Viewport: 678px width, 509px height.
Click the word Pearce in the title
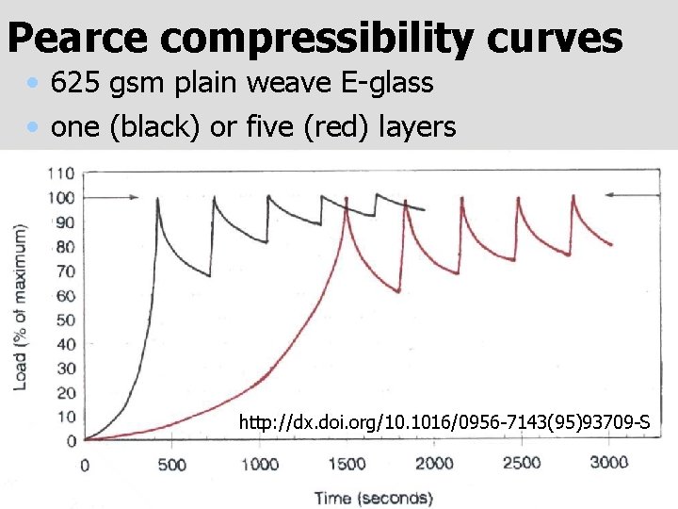pyautogui.click(x=77, y=39)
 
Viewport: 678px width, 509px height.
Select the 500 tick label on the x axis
pyautogui.click(x=171, y=465)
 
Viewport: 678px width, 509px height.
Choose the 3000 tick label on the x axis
pyautogui.click(x=608, y=463)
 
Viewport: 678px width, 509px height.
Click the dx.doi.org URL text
pyautogui.click(x=444, y=422)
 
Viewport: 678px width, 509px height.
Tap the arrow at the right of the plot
pyautogui.click(x=623, y=195)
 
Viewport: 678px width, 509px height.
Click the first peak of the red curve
pyautogui.click(x=347, y=198)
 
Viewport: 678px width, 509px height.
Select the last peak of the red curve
pyautogui.click(x=574, y=197)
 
